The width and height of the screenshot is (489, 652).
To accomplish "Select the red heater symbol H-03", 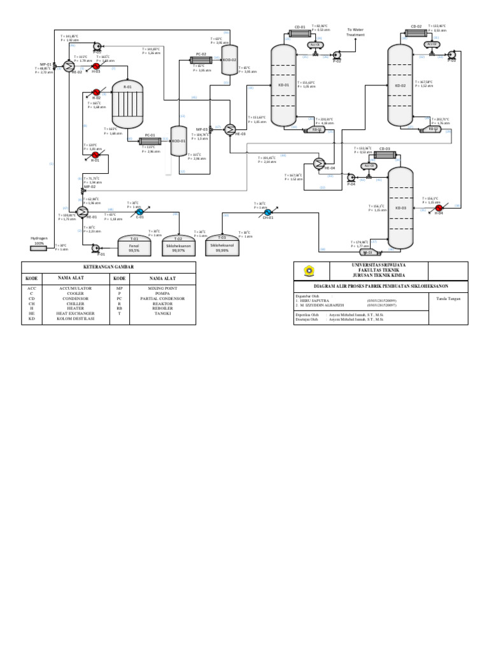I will coord(96,66).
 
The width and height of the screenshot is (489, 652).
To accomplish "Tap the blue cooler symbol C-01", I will coord(139,212).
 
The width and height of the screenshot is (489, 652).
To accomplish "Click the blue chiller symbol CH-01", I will coord(267,212).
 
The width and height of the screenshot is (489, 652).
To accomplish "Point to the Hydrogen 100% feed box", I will coord(39,247).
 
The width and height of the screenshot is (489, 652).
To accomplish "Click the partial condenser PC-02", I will coord(201,60).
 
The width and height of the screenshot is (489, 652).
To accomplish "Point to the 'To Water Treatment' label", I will coord(355,32).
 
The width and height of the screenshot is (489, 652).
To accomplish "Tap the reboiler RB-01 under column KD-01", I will coord(315,129).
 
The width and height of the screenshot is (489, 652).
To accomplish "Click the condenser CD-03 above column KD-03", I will coord(385,155).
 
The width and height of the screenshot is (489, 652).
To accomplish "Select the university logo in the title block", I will coord(309,271).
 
